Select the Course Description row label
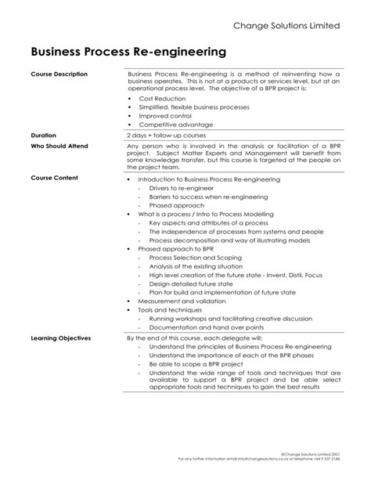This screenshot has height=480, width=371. click(59, 74)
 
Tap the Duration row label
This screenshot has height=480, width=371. click(44, 135)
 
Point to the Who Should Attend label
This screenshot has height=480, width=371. click(59, 146)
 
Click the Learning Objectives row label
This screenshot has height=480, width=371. click(61, 337)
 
